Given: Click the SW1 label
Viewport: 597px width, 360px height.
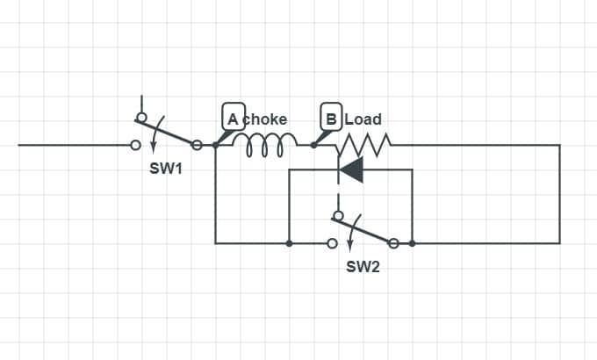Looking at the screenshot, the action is [166, 169].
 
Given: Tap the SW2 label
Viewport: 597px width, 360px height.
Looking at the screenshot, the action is [363, 267].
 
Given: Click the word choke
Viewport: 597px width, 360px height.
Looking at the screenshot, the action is [264, 119].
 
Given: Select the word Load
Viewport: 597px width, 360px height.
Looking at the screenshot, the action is [363, 119].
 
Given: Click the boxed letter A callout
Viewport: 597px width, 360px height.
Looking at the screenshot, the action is [234, 117].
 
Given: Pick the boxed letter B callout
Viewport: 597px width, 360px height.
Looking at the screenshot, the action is [331, 117].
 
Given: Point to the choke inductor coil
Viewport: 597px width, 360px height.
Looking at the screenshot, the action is [264, 144].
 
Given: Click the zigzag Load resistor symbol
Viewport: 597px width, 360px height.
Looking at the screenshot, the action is [363, 145].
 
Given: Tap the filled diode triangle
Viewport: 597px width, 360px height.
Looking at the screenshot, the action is [351, 169].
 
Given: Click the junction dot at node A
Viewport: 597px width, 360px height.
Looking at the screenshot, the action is [215, 145].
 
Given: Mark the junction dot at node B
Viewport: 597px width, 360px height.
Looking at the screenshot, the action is [313, 145].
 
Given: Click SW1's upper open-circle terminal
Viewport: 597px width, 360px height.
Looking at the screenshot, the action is [141, 117].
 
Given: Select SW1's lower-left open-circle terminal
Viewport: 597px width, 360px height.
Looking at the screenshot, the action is [135, 145].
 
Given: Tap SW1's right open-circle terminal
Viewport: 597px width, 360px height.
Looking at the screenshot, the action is [197, 145].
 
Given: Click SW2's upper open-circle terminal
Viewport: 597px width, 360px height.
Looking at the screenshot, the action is [338, 216].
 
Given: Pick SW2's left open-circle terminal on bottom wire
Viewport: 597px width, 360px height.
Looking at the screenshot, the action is [333, 243].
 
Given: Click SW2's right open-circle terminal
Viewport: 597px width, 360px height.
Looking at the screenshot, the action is [393, 243].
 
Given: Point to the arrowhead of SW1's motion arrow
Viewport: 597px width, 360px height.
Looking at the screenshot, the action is [153, 148].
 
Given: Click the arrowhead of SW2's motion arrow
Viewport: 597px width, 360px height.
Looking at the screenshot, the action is [350, 247].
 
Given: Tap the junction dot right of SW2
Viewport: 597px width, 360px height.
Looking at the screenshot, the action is [412, 243].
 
